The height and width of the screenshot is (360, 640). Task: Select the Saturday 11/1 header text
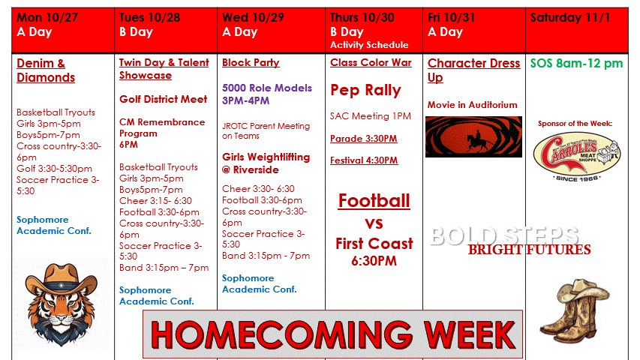click(x=570, y=17)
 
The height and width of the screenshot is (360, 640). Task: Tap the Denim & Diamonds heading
click(x=46, y=70)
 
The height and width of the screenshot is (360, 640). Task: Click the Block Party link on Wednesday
click(x=251, y=62)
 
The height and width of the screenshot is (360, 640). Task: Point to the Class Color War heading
click(x=371, y=62)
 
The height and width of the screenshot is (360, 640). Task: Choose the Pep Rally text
click(x=365, y=90)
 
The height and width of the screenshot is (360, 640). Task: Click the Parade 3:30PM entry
click(x=364, y=138)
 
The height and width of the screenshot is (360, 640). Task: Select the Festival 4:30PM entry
click(x=364, y=160)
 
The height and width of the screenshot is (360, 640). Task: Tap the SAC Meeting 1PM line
click(x=371, y=116)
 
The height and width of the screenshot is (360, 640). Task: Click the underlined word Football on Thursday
click(x=374, y=201)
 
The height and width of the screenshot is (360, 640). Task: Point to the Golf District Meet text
click(x=164, y=99)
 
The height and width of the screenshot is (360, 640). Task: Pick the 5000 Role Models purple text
click(x=267, y=94)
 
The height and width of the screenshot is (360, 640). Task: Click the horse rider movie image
click(x=473, y=136)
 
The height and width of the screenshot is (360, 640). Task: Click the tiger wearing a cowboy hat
click(x=62, y=304)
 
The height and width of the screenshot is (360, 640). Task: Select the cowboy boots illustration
click(x=575, y=307)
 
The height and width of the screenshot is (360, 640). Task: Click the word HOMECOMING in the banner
click(x=281, y=334)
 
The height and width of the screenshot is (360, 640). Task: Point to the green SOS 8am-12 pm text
click(x=576, y=63)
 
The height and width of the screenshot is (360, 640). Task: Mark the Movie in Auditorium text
click(x=472, y=105)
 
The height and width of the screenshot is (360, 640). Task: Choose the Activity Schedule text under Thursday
click(x=369, y=45)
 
